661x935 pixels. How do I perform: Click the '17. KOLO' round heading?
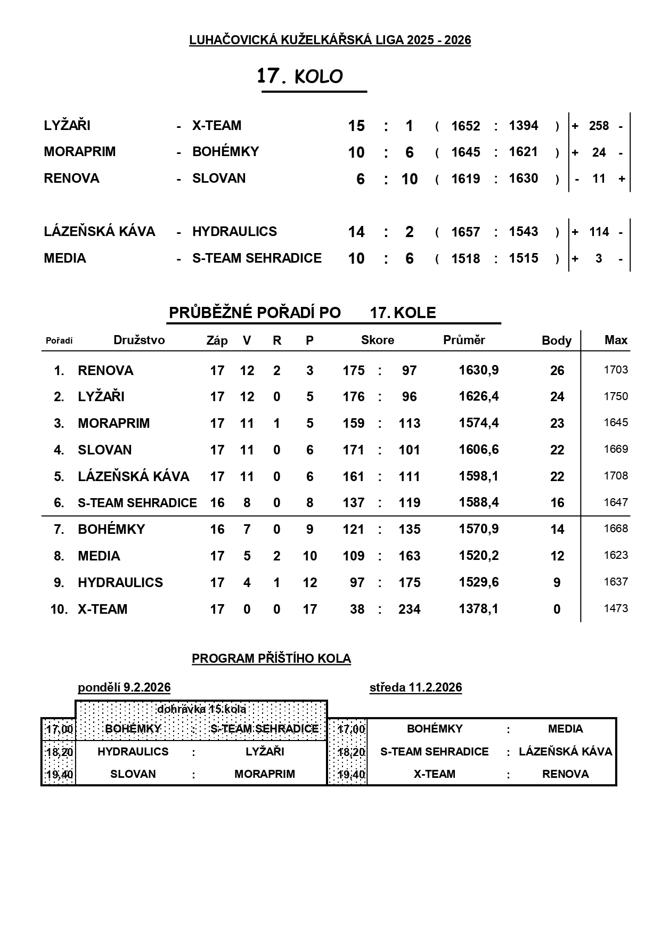(x=300, y=77)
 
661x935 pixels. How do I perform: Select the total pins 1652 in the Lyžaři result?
(x=466, y=126)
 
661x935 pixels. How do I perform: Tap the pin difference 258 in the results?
(x=599, y=126)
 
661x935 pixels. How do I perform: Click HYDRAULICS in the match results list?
(x=234, y=232)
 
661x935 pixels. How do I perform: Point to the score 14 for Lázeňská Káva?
(x=356, y=232)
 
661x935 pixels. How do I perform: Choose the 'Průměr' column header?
(x=464, y=340)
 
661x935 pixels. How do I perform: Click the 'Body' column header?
(x=557, y=340)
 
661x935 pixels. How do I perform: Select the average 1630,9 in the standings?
(x=479, y=370)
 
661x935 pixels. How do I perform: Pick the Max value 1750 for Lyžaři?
(x=616, y=396)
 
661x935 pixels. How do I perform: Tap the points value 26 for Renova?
(x=557, y=371)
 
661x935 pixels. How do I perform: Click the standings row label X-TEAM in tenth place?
(x=103, y=609)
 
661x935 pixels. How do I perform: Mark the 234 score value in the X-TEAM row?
(x=409, y=609)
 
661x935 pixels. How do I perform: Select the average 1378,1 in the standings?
(x=479, y=609)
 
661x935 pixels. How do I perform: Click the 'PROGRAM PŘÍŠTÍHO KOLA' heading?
(x=271, y=658)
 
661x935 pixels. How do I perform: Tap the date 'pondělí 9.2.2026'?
(x=124, y=687)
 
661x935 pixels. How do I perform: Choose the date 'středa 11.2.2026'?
(x=415, y=687)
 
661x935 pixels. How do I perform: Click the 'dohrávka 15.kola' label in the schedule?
(x=201, y=709)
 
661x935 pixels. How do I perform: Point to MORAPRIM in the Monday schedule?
(x=264, y=774)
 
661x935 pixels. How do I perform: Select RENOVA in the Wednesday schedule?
(x=565, y=774)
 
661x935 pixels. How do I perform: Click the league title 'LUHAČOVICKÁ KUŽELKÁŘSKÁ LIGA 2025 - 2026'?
(x=330, y=40)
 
